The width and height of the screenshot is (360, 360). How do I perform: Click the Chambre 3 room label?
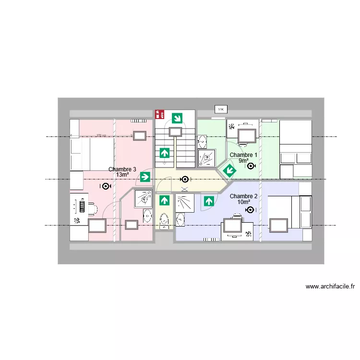tap(122, 169)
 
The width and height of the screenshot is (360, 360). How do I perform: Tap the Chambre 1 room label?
tap(243, 155)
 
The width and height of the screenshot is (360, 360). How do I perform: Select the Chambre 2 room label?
tap(243, 196)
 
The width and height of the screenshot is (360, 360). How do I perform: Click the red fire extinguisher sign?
tap(158, 114)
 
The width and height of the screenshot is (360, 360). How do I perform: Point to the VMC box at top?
tap(221, 109)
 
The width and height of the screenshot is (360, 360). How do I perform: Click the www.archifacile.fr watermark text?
tap(330, 287)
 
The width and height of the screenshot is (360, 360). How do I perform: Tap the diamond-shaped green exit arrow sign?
tap(229, 170)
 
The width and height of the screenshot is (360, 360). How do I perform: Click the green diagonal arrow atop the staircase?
tap(177, 118)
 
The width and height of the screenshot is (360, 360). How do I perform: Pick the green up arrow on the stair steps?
tap(165, 153)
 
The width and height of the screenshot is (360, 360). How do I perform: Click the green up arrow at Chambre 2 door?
tap(208, 201)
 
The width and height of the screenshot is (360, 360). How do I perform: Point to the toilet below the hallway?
tap(164, 220)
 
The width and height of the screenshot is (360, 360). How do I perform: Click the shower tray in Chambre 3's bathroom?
tap(143, 198)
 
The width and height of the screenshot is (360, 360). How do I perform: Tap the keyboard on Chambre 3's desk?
tap(82, 207)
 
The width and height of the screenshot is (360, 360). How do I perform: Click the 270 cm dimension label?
tap(100, 136)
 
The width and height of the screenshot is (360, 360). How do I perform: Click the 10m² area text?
tap(243, 202)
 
